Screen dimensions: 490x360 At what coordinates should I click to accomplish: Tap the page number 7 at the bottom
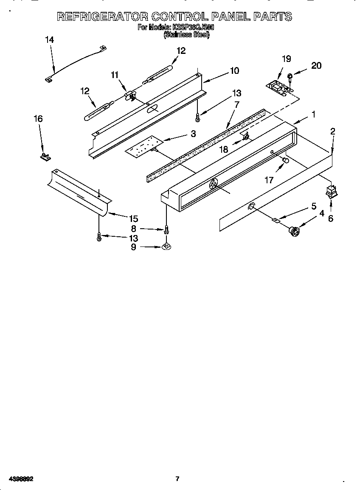pos(177,479)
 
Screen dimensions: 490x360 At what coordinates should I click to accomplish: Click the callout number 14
pos(49,40)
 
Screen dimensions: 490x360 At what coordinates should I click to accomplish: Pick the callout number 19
pos(286,59)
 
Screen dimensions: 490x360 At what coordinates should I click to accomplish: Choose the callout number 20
pos(316,65)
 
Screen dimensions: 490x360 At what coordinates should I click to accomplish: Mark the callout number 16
pos(38,119)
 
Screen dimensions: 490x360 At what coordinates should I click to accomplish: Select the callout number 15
pos(133,219)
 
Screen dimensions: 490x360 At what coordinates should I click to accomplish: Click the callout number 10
pos(234,71)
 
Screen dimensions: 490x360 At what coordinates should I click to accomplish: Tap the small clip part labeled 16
pos(45,157)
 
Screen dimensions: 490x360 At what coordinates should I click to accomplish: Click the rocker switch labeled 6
pos(331,191)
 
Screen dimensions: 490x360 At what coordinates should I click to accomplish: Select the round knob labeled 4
pos(294,230)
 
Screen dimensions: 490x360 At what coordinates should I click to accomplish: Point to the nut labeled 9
pos(166,246)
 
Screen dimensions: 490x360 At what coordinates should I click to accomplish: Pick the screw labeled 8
pos(166,230)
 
